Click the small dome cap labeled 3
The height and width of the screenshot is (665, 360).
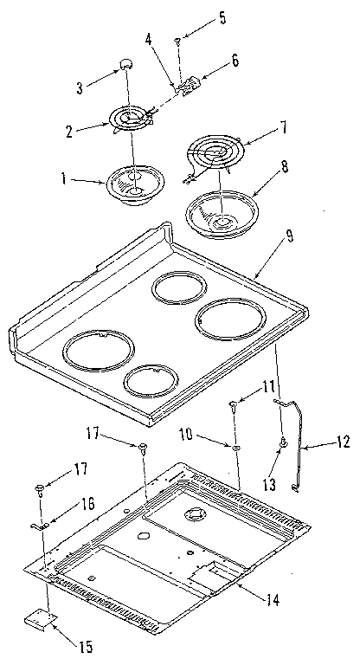[x=126, y=64]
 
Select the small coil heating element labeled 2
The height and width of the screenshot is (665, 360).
[x=127, y=119]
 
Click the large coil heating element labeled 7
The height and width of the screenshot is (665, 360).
[x=215, y=156]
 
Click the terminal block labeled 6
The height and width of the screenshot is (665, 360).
[x=188, y=86]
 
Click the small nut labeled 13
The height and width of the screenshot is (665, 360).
[x=282, y=443]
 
